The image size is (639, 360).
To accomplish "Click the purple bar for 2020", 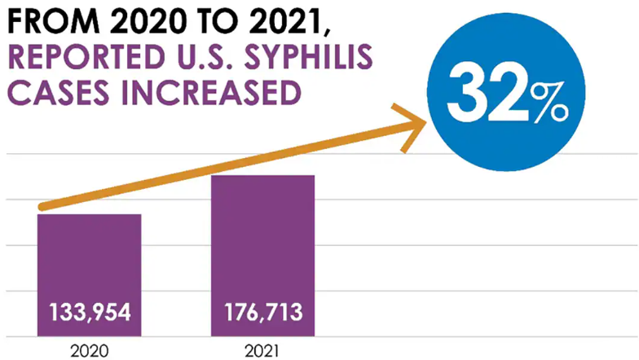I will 90,261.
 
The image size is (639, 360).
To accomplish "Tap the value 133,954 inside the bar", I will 90,312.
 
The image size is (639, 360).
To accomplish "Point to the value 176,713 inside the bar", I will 262,312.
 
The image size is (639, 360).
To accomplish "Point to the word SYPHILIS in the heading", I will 311,59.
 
